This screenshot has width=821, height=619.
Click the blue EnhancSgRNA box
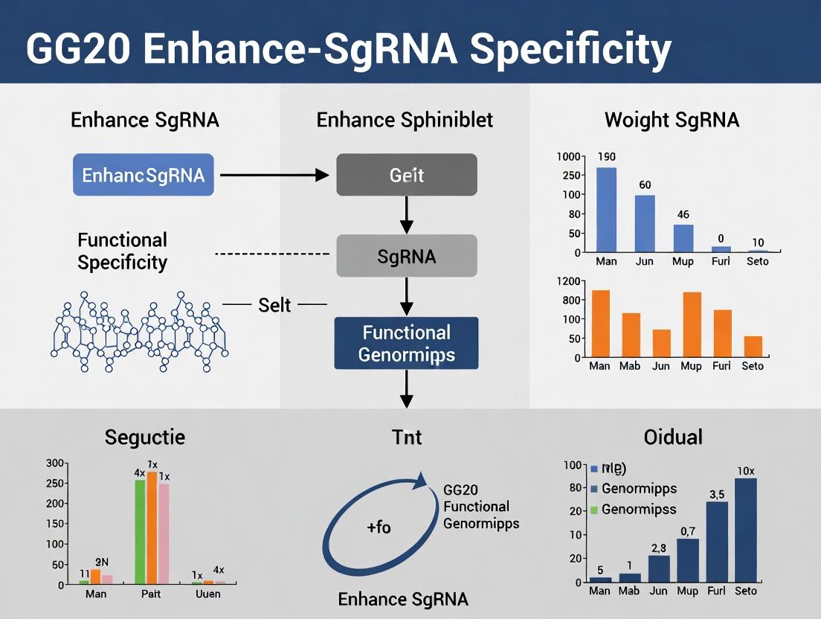tap(143, 176)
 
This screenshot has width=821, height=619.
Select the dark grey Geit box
tap(406, 176)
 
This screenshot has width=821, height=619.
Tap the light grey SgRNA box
tap(406, 257)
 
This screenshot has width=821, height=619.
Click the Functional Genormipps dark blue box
tap(406, 343)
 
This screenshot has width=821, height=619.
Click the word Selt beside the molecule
tap(274, 305)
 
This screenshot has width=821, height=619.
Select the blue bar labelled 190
tap(607, 210)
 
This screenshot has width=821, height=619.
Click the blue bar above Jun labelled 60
tap(645, 223)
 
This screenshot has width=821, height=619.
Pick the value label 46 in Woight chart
tap(683, 215)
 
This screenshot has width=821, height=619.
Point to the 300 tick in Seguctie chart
tap(56, 463)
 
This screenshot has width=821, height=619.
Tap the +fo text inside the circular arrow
tap(379, 527)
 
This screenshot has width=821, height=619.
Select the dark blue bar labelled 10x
tap(745, 530)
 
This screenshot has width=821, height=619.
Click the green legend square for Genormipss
tap(593, 510)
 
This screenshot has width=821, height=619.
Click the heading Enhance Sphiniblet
tap(405, 120)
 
